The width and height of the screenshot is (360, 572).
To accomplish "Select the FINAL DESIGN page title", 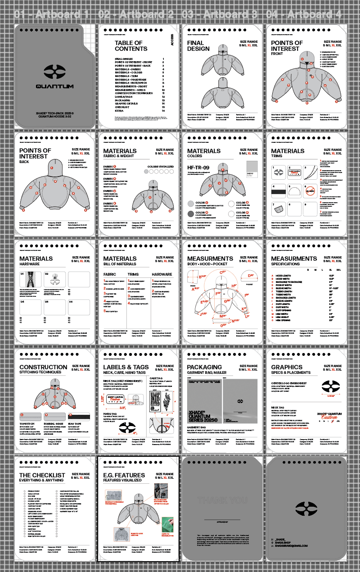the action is pyautogui.click(x=198, y=45).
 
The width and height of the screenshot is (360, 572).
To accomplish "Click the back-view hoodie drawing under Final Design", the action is pyautogui.click(x=224, y=90).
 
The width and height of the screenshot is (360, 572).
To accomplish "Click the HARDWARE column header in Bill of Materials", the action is pyautogui.click(x=162, y=274).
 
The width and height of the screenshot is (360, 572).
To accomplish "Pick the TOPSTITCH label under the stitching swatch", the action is pyautogui.click(x=27, y=424).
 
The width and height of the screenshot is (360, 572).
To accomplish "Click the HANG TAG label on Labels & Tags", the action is pyautogui.click(x=110, y=413).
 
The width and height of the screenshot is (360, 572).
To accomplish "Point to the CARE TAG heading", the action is pyautogui.click(x=156, y=378).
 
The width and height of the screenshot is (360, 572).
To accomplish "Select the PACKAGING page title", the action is pyautogui.click(x=205, y=367).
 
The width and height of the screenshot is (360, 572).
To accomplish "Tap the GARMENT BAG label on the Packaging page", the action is pyautogui.click(x=197, y=427).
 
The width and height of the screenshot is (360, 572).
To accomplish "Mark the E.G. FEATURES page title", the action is pyautogui.click(x=124, y=475).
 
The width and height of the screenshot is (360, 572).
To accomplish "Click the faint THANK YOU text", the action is pyautogui.click(x=222, y=500).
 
